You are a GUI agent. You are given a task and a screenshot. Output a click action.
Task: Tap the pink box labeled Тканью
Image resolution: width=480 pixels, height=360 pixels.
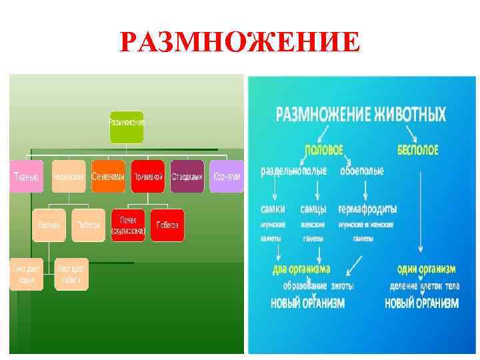(x=26, y=177)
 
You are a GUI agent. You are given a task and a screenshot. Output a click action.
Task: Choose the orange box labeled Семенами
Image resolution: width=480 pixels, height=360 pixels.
(x=108, y=177)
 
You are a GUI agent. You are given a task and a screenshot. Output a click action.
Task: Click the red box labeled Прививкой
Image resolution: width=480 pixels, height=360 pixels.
(x=148, y=177)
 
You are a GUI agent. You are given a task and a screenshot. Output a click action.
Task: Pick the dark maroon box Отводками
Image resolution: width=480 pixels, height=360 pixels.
(x=187, y=177)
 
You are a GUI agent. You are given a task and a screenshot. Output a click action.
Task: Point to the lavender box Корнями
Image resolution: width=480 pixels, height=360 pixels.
(x=227, y=177)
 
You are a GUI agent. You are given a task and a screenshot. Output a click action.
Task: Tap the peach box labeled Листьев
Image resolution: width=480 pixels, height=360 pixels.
(x=49, y=225)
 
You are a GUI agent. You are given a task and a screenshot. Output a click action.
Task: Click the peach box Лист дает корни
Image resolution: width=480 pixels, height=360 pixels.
(x=26, y=273)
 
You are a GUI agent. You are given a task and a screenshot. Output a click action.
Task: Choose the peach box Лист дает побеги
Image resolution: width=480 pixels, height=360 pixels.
(x=71, y=273)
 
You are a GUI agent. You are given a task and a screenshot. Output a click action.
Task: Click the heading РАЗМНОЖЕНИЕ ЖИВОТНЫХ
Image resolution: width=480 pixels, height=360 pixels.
(x=361, y=115)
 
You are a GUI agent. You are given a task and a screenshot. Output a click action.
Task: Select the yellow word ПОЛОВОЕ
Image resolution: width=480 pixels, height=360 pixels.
(x=324, y=151)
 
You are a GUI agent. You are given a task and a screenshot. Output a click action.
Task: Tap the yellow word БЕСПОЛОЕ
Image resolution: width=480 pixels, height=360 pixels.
(x=417, y=151)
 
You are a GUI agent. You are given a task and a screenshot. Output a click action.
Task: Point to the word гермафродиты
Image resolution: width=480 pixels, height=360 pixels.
(x=367, y=209)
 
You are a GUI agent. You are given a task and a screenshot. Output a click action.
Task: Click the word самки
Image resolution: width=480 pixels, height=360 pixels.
(x=273, y=209)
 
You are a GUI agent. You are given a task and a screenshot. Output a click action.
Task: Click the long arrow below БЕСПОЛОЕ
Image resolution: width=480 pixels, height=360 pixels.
(x=421, y=213)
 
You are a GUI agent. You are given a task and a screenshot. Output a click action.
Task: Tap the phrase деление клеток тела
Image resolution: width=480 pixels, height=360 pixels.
(x=424, y=286)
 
